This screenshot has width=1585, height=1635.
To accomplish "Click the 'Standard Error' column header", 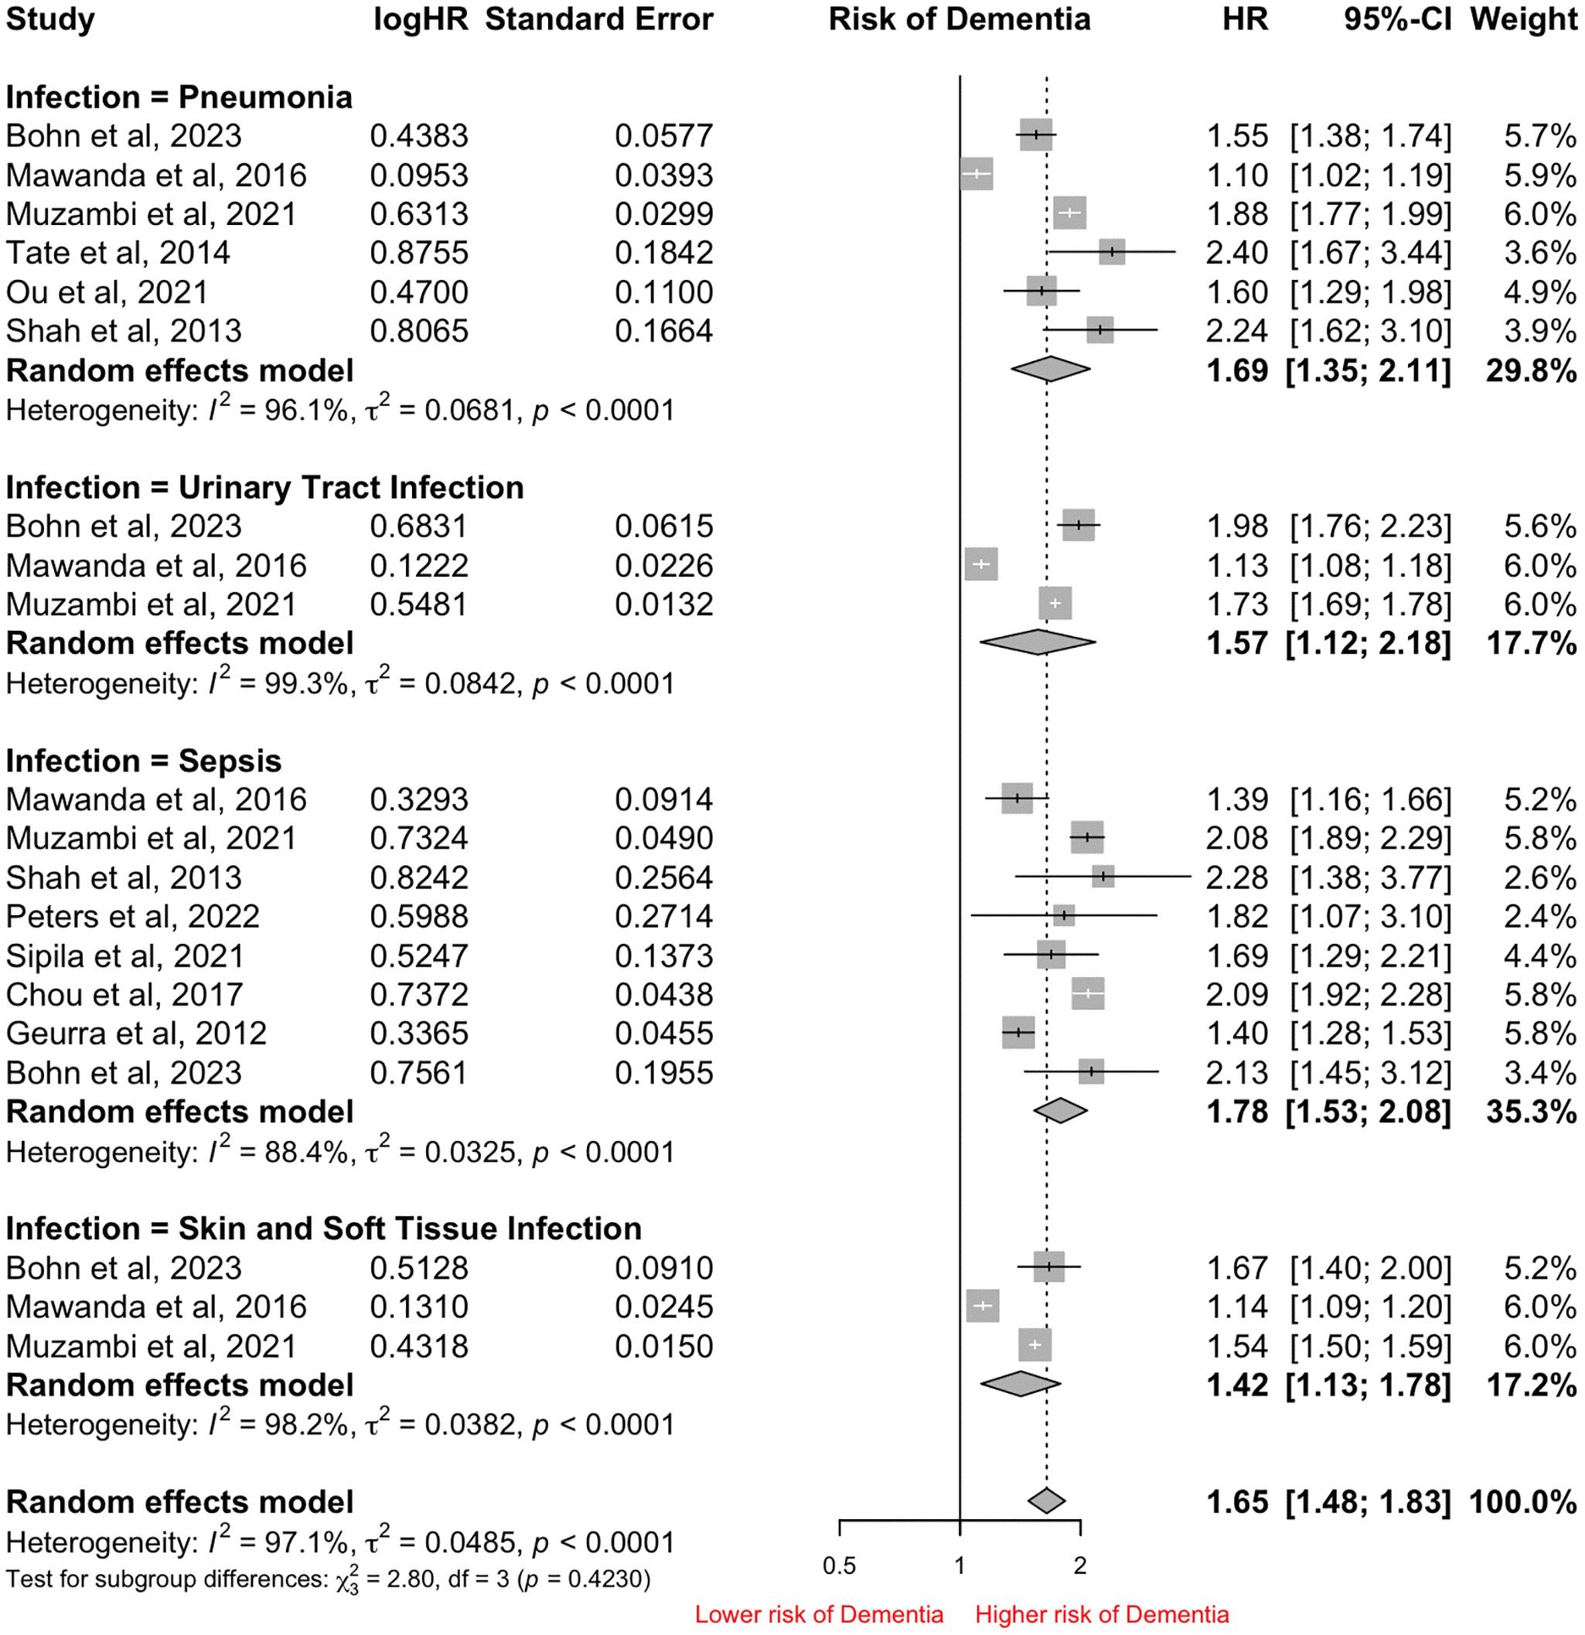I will pos(598,19).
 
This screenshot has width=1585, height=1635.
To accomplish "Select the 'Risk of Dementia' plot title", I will pos(959,19).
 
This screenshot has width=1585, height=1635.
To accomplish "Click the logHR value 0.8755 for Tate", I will pos(419,253).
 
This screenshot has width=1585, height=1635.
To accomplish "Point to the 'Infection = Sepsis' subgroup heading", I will pos(144,761).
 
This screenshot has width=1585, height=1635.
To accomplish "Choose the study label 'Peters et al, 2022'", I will pos(133,917).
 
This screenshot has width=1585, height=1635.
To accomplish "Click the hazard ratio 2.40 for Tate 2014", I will pos(1236,253).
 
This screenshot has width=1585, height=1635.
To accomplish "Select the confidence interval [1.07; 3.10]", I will pos(1370,917).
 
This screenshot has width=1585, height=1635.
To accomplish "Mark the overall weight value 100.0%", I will pos(1522,1502).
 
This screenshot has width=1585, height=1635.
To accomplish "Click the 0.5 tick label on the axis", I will pos(838,1565).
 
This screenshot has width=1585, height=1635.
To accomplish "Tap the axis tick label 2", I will pos(1079,1565).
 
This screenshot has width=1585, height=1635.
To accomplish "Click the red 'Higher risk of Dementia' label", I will pos(1101,1614).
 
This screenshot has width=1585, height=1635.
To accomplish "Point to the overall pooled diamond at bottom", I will pos(1046,1500).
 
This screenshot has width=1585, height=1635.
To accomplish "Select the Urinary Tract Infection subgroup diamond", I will pos(1037,642).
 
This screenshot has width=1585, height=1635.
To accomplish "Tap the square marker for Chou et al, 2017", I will pos(1088,993).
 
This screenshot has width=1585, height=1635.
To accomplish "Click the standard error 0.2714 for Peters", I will pos(663,917).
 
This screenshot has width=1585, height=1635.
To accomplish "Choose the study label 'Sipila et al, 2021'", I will pos(124,956).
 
